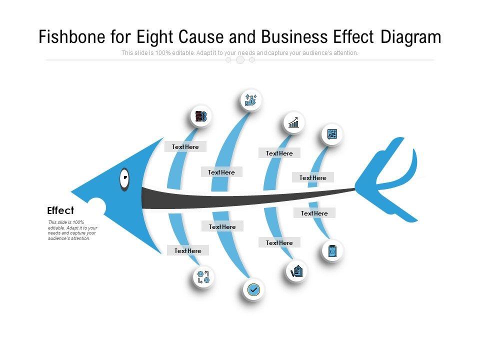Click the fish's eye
[x=123, y=179]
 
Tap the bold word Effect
[x=60, y=210]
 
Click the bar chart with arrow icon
[x=293, y=122]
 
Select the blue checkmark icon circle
[x=253, y=289]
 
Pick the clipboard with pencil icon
[x=296, y=271]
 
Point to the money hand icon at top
[x=250, y=99]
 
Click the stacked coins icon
[x=200, y=116]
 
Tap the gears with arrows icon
[x=203, y=277]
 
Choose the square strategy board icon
[x=332, y=134]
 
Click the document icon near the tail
[x=332, y=251]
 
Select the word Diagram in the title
[x=410, y=37]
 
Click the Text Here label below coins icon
[x=185, y=147]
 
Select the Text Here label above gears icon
[x=188, y=251]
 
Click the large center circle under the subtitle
[x=240, y=60]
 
